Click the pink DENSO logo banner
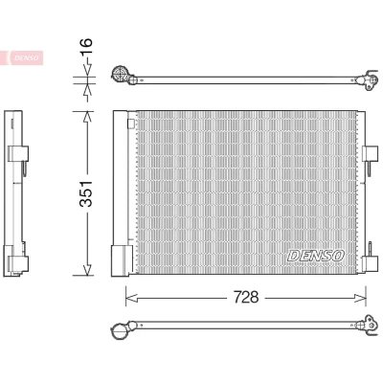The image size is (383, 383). point(22,57)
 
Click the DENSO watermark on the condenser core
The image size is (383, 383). point(316,256)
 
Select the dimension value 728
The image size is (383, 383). point(246,298)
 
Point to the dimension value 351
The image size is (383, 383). point(86,193)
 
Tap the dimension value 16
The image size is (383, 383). point(86,46)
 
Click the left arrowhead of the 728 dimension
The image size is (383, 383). point(131,298)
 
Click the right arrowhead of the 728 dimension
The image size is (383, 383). point(360,298)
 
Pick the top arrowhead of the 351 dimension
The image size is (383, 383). point(87,117)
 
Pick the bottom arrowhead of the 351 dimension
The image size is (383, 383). point(87,270)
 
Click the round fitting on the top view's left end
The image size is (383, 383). point(122,75)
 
